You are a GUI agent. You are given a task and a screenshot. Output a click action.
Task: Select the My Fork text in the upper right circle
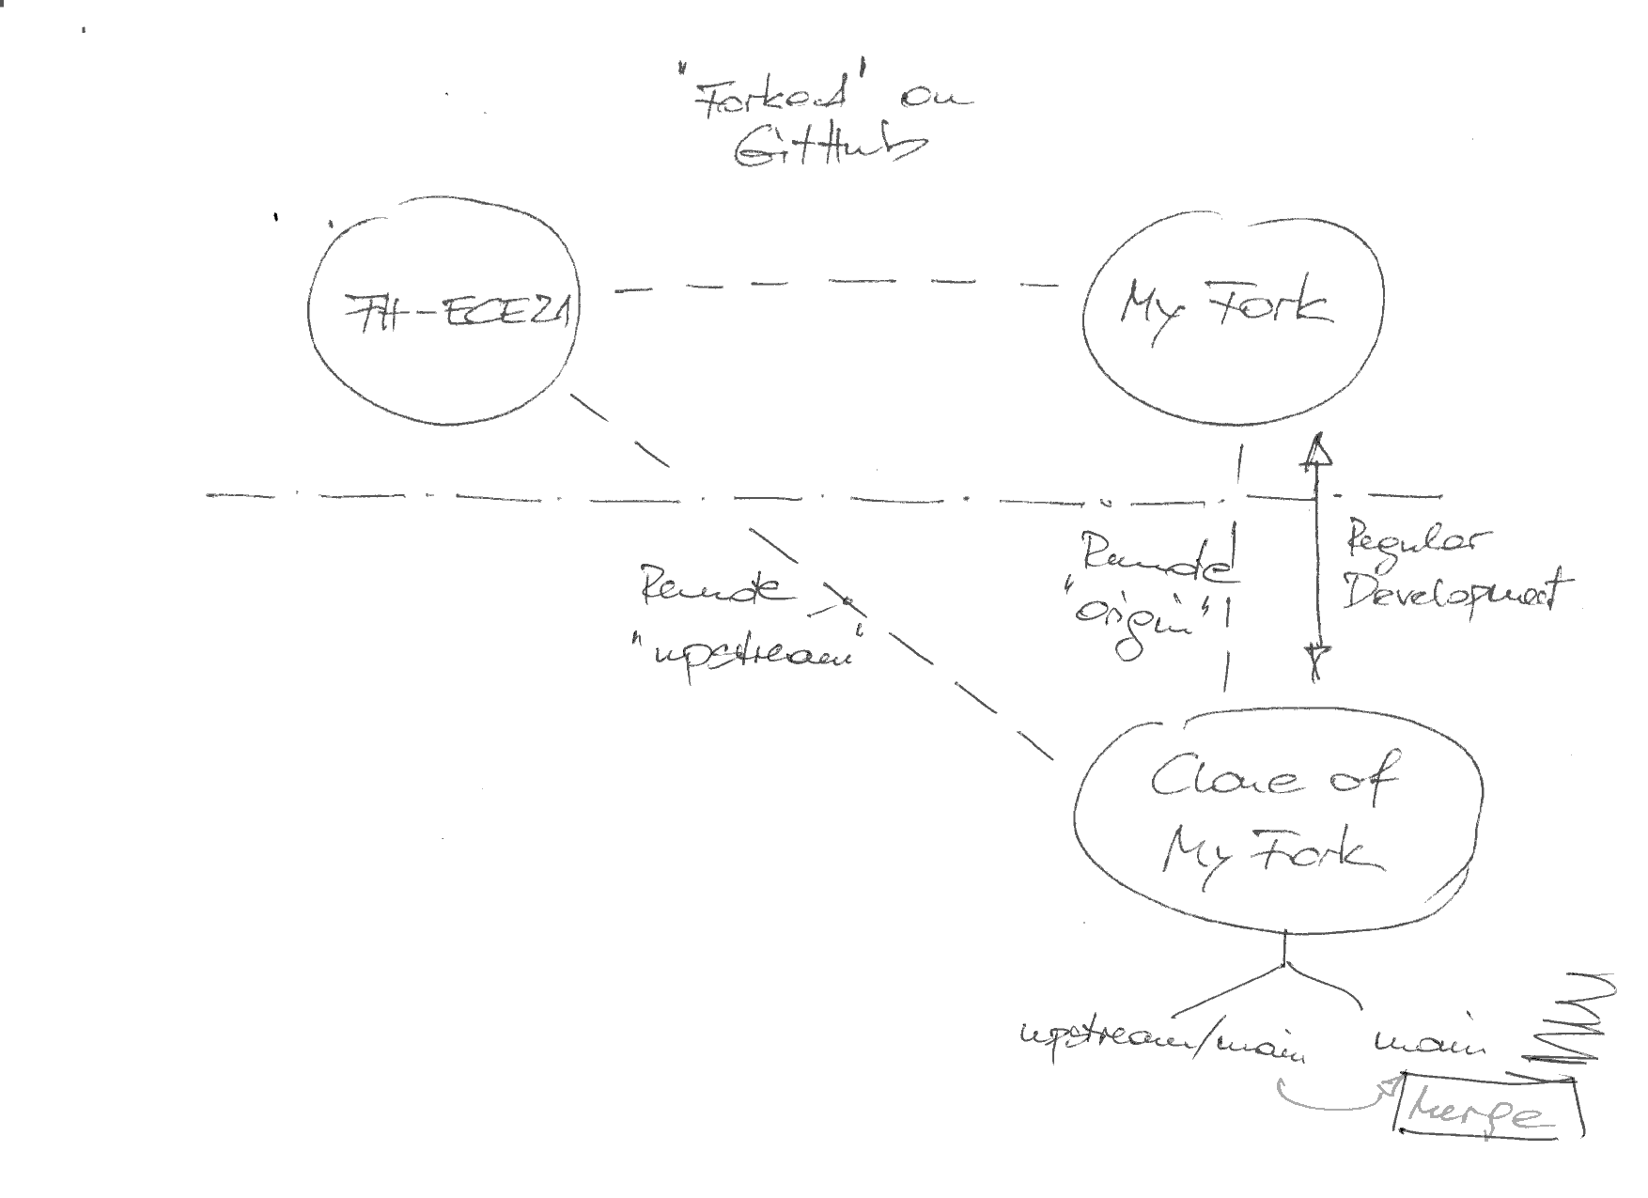click(1225, 306)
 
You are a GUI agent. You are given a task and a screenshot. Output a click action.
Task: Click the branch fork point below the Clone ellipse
click(1284, 965)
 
